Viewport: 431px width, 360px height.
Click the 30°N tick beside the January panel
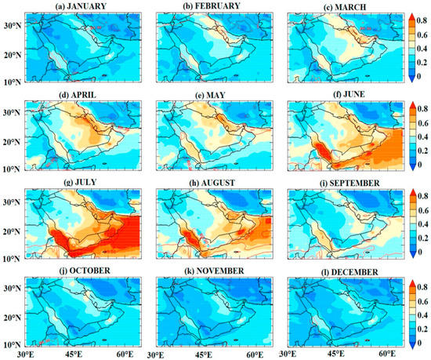pos(10,25)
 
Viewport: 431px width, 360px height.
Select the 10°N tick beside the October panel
pos(10,344)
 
